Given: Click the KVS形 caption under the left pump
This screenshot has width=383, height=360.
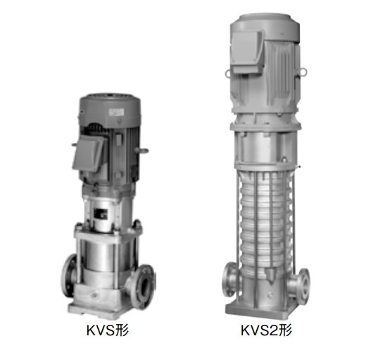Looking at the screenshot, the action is point(108,330).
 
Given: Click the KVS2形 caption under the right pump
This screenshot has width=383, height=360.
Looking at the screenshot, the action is point(266,330).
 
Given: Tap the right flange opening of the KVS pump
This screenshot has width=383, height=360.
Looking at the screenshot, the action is point(145,286).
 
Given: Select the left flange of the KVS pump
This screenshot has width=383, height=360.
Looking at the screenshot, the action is point(68,275).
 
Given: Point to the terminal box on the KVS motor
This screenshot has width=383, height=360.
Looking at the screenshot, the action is point(89,154).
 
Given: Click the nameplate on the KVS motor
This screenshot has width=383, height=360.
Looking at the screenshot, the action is point(116,112).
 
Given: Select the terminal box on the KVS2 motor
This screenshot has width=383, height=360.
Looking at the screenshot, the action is point(246,53).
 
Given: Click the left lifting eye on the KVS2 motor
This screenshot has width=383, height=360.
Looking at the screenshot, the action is point(228,73).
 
